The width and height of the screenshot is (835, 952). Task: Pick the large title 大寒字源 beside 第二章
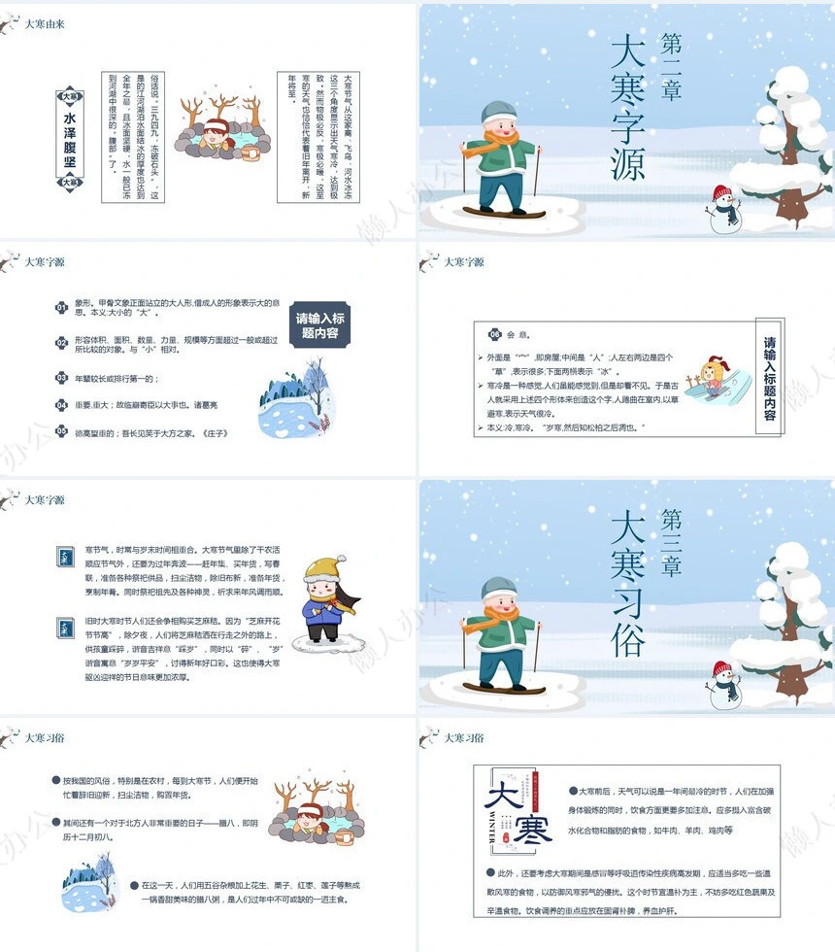click(x=628, y=107)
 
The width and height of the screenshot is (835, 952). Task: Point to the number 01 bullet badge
click(x=60, y=308)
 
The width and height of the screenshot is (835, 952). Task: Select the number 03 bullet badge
click(x=60, y=378)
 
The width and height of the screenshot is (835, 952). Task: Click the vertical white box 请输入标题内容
click(x=770, y=378)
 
